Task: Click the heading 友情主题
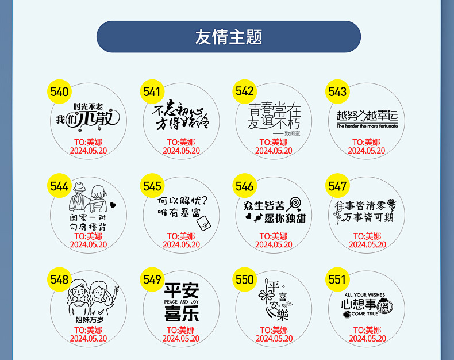[x=228, y=37]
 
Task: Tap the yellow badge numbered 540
[x=59, y=92]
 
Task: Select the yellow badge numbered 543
[x=337, y=91]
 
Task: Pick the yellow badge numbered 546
[x=244, y=186]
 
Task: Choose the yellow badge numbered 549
[x=152, y=279]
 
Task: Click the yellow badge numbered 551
[x=337, y=279]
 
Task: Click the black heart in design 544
[x=113, y=204]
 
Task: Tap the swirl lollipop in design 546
[x=295, y=203]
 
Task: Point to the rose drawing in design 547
[x=392, y=204]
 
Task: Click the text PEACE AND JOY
[x=181, y=301]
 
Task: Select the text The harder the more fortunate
[x=367, y=126]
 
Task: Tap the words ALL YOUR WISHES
[x=365, y=294]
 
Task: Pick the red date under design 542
[x=274, y=151]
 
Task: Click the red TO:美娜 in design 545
[x=181, y=236]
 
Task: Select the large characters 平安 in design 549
[x=181, y=290]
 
